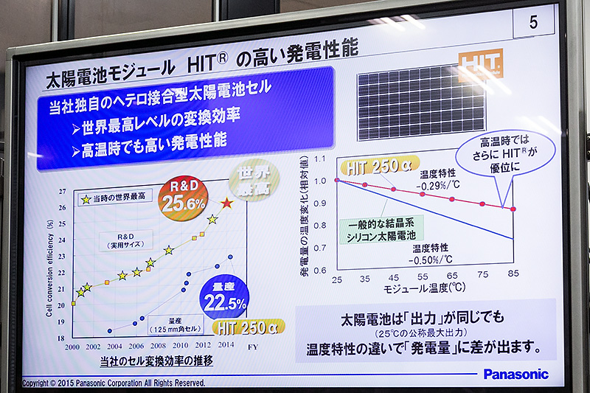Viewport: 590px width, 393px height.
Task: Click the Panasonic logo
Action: pyautogui.click(x=516, y=374)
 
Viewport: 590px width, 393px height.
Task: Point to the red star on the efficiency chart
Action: pyautogui.click(x=227, y=202)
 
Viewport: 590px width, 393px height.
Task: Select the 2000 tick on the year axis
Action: pyautogui.click(x=72, y=346)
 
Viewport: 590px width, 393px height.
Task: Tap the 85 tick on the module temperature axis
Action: pyautogui.click(x=513, y=280)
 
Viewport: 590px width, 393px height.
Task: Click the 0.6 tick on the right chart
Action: pyautogui.click(x=319, y=271)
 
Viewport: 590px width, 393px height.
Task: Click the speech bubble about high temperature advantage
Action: pyautogui.click(x=504, y=153)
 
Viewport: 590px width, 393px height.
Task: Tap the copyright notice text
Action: pyautogui.click(x=114, y=383)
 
